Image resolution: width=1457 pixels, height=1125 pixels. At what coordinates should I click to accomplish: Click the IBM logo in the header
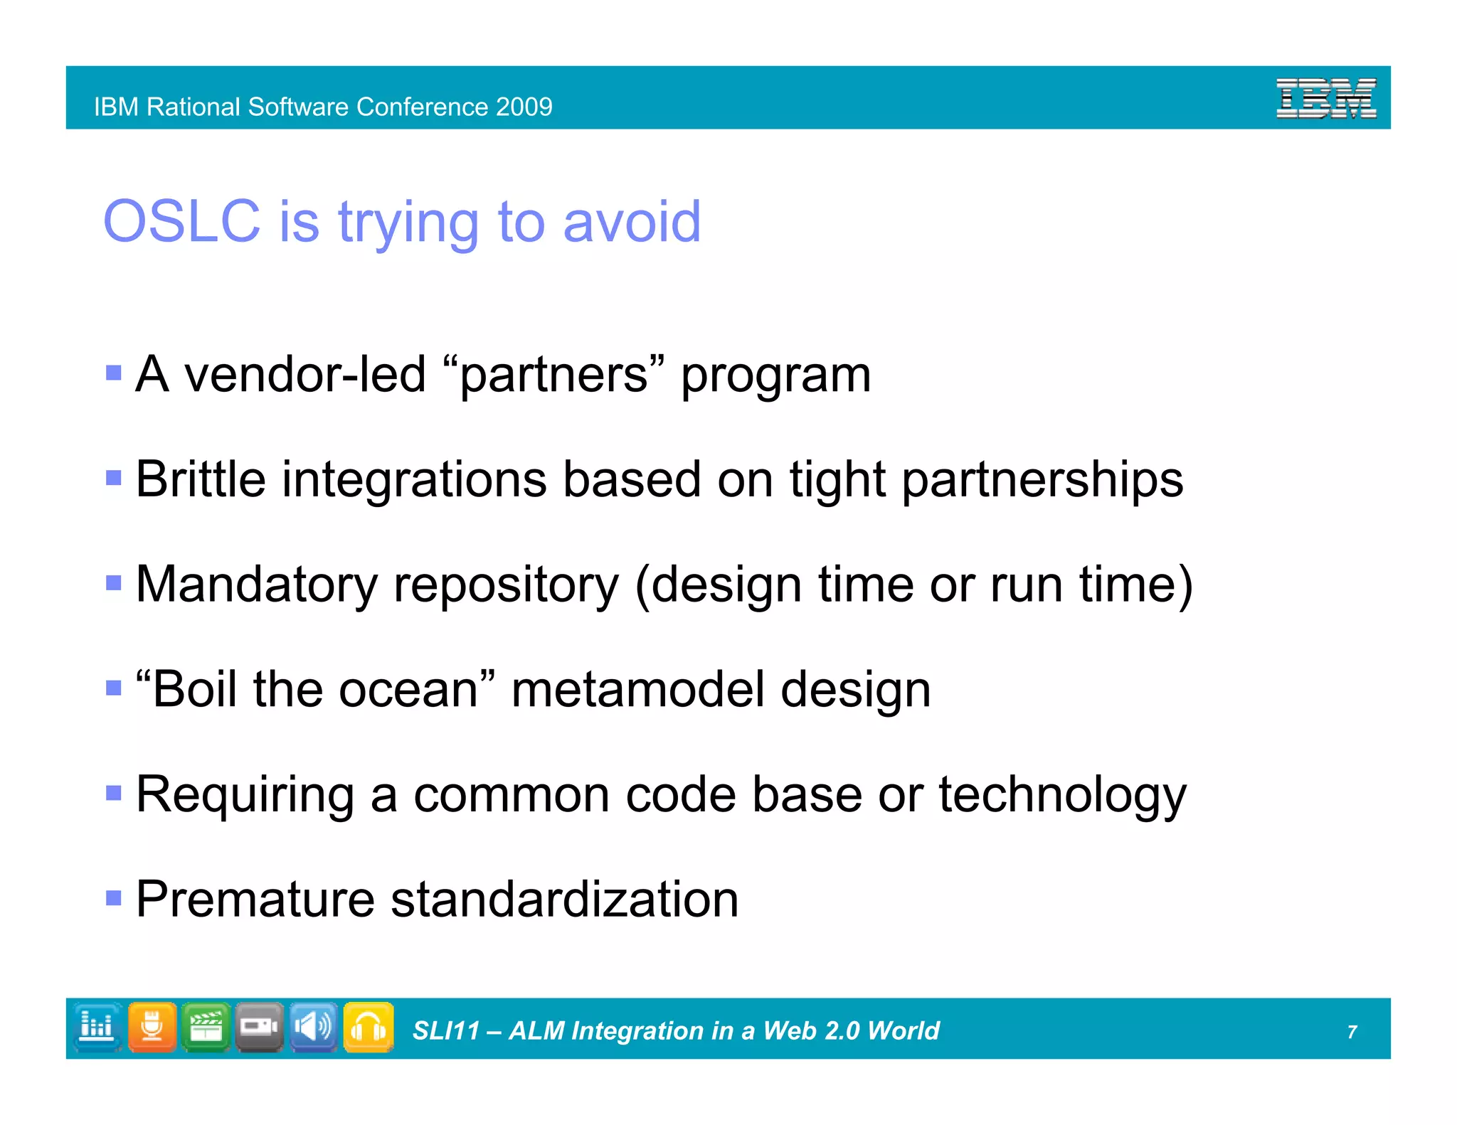click(x=1325, y=99)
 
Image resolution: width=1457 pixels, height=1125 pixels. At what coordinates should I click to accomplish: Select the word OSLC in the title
click(x=182, y=222)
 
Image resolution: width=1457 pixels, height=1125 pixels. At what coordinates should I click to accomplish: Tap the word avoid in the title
click(x=632, y=222)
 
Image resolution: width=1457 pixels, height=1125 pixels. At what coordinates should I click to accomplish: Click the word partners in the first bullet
click(x=553, y=375)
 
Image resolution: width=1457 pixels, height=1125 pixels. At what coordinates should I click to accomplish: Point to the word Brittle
click(x=201, y=479)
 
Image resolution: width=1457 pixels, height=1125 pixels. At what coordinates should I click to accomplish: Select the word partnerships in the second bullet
click(x=1042, y=481)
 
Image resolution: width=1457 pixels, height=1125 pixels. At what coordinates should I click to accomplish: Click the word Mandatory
click(x=256, y=585)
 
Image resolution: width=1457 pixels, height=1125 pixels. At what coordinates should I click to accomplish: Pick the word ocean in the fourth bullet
click(x=408, y=690)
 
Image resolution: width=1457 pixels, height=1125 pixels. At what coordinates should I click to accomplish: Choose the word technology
click(x=1062, y=796)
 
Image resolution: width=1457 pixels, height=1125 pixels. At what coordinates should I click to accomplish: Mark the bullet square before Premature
click(x=114, y=897)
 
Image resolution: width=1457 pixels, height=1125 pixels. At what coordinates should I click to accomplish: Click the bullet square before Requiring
click(x=114, y=792)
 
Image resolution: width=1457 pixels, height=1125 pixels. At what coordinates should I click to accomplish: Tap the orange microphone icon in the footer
click(x=152, y=1028)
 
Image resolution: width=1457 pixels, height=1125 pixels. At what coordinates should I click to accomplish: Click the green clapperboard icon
click(x=206, y=1028)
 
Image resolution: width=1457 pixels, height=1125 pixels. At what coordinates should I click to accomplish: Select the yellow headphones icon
click(x=368, y=1028)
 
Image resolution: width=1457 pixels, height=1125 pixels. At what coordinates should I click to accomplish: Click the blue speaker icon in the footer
click(x=313, y=1028)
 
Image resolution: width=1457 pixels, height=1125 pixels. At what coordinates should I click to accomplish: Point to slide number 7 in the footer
click(x=1352, y=1032)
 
